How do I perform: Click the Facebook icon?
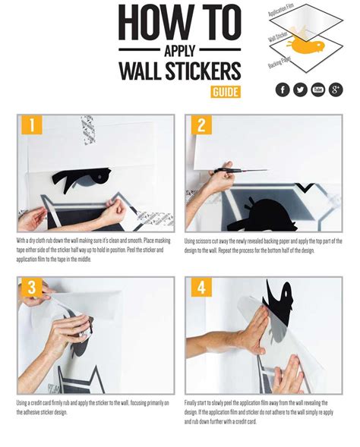tap(283, 90)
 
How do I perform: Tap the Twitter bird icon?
tap(300, 90)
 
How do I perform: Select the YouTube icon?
tap(318, 90)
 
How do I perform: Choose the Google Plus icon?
tap(336, 90)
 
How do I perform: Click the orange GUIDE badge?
tap(226, 92)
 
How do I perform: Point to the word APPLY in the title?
tap(180, 51)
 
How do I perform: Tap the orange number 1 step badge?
tap(31, 124)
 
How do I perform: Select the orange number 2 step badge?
tap(201, 124)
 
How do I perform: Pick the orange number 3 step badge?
tap(31, 287)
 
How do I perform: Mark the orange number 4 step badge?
tap(201, 287)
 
